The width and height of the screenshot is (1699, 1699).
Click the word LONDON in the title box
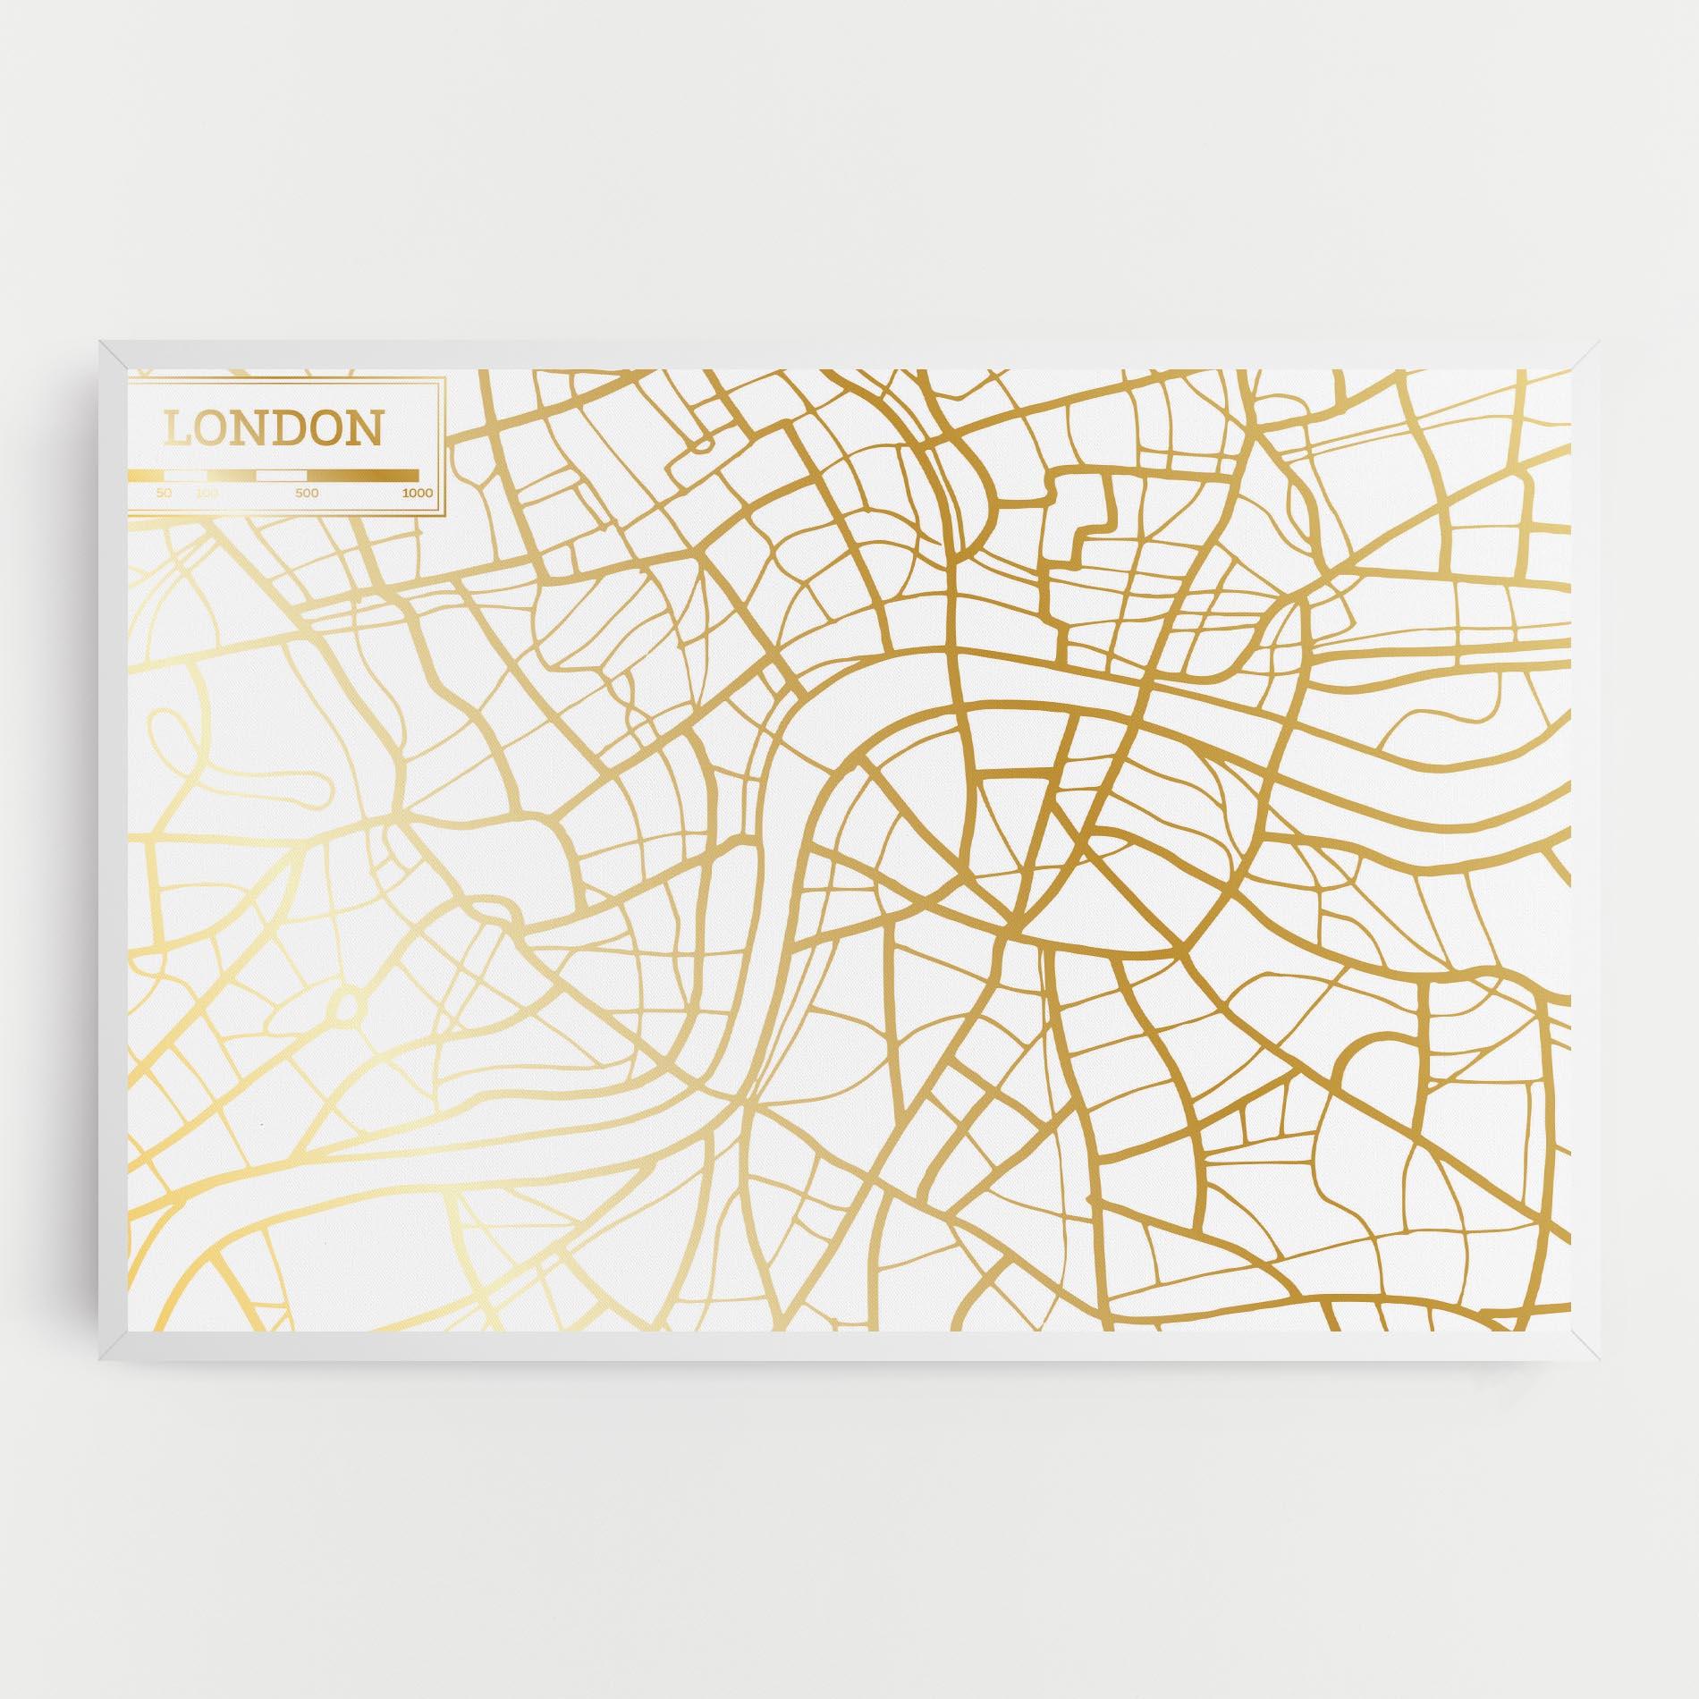[x=273, y=429]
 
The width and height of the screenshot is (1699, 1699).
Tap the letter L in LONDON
[x=177, y=429]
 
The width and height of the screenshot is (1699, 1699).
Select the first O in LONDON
[x=213, y=429]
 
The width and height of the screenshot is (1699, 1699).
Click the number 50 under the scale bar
[x=164, y=493]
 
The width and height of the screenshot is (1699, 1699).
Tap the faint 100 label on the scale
[x=207, y=493]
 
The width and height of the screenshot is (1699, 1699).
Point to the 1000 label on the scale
[x=417, y=493]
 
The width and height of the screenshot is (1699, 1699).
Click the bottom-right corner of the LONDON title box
[x=444, y=513]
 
